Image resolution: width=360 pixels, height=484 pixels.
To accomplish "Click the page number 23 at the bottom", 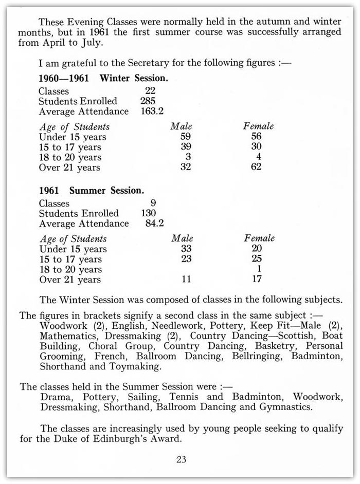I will tap(181, 459).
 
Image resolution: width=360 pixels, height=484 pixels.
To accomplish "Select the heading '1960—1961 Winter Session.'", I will tap(104, 79).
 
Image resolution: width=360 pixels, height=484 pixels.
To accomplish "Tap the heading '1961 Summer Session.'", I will tap(92, 191).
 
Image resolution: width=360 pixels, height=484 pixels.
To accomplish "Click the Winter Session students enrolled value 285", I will tap(148, 101).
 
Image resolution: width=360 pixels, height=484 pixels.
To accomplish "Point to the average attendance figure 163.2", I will tap(153, 111).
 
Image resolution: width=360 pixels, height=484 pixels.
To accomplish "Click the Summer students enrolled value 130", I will tap(149, 213).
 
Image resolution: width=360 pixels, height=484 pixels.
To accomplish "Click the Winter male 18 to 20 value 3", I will tap(188, 157).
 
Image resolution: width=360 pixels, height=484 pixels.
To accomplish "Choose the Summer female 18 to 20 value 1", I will tap(260, 269).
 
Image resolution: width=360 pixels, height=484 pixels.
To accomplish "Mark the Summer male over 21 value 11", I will tap(186, 280).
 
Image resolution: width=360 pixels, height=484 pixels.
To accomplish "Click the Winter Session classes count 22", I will tap(150, 91).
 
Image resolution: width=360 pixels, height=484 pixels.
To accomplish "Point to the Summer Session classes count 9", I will tap(153, 203).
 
